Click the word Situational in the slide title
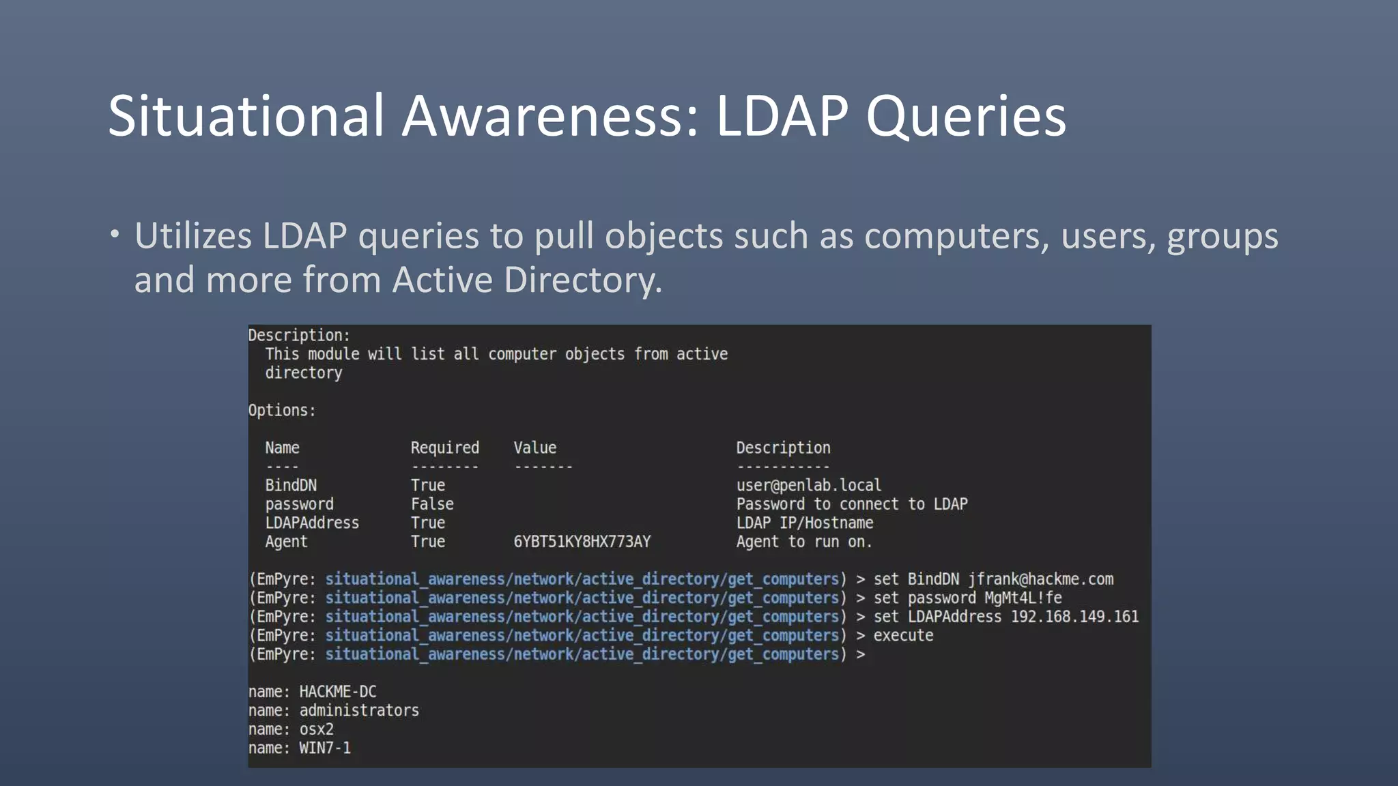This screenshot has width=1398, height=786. pyautogui.click(x=246, y=116)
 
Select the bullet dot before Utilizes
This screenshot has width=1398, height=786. pyautogui.click(x=115, y=235)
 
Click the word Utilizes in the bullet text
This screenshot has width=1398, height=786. pyautogui.click(x=193, y=236)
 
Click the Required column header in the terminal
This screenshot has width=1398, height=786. pyautogui.click(x=444, y=448)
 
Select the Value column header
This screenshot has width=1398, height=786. pyautogui.click(x=534, y=448)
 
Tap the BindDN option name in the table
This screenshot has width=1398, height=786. pyautogui.click(x=291, y=485)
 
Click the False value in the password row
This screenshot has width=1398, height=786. pyautogui.click(x=432, y=504)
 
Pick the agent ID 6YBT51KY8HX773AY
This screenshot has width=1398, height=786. pyautogui.click(x=582, y=542)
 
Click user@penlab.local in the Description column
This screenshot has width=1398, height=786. pyautogui.click(x=808, y=485)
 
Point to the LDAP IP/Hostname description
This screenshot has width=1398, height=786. pyautogui.click(x=804, y=523)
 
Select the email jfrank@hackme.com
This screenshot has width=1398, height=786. pyautogui.click(x=1040, y=579)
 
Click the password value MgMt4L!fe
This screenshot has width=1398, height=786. pyautogui.click(x=1023, y=598)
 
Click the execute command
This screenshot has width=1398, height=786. pyautogui.click(x=903, y=636)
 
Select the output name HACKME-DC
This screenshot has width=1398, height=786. pyautogui.click(x=337, y=692)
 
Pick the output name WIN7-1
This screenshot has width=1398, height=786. pyautogui.click(x=325, y=748)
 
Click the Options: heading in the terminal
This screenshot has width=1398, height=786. pyautogui.click(x=282, y=411)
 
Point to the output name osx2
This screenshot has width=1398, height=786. pyautogui.click(x=316, y=729)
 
